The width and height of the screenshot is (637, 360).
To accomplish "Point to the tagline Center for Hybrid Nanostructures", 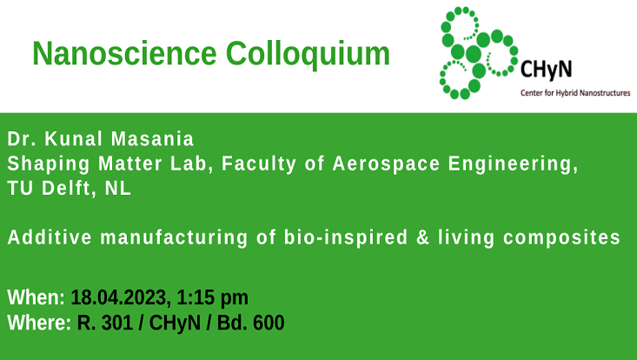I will tap(574, 91).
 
